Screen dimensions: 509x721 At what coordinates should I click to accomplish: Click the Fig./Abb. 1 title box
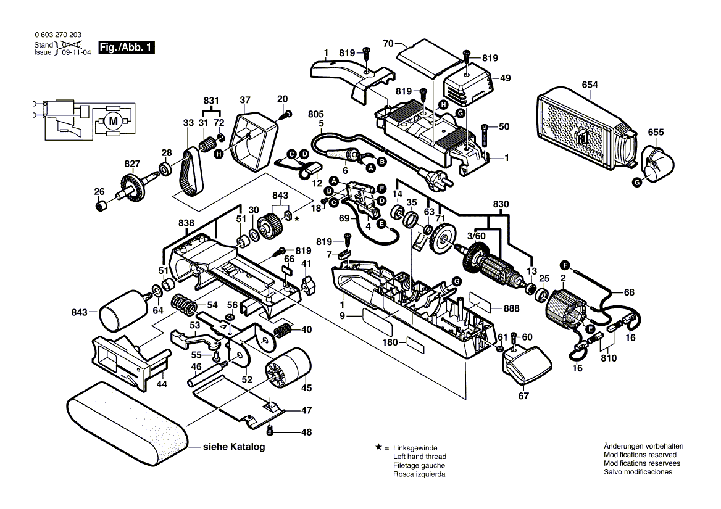[127, 47]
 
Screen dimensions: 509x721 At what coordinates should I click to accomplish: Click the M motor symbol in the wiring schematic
[113, 121]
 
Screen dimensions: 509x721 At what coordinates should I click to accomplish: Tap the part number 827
[132, 163]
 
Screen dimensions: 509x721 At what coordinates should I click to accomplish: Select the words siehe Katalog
[234, 447]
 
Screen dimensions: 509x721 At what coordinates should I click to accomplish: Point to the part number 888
[511, 308]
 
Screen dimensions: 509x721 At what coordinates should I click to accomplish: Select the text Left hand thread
[420, 457]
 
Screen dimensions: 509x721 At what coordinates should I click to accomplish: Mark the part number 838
[186, 223]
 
